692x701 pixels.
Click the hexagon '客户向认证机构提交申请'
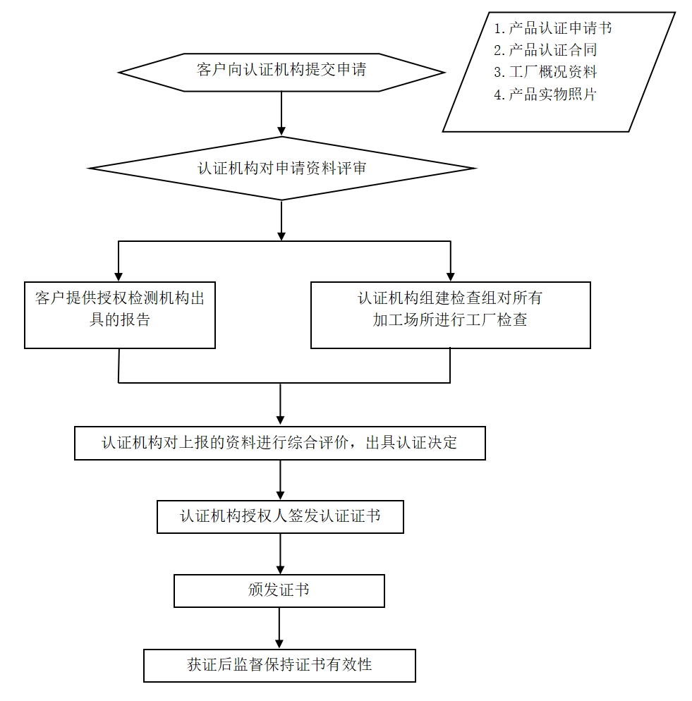click(281, 71)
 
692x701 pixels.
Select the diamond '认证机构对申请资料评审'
click(281, 169)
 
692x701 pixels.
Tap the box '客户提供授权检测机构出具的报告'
click(120, 315)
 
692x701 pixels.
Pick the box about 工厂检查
click(450, 315)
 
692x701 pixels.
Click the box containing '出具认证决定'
click(280, 443)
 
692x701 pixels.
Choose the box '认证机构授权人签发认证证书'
click(280, 517)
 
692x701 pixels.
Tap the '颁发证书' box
click(279, 590)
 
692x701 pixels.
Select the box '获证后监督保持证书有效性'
click(279, 665)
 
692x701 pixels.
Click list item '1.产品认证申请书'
click(552, 28)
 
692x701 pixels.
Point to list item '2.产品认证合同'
click(545, 50)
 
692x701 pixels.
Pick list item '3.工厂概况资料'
click(545, 72)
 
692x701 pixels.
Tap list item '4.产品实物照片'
click(545, 95)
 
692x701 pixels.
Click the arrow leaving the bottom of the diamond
click(281, 220)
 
